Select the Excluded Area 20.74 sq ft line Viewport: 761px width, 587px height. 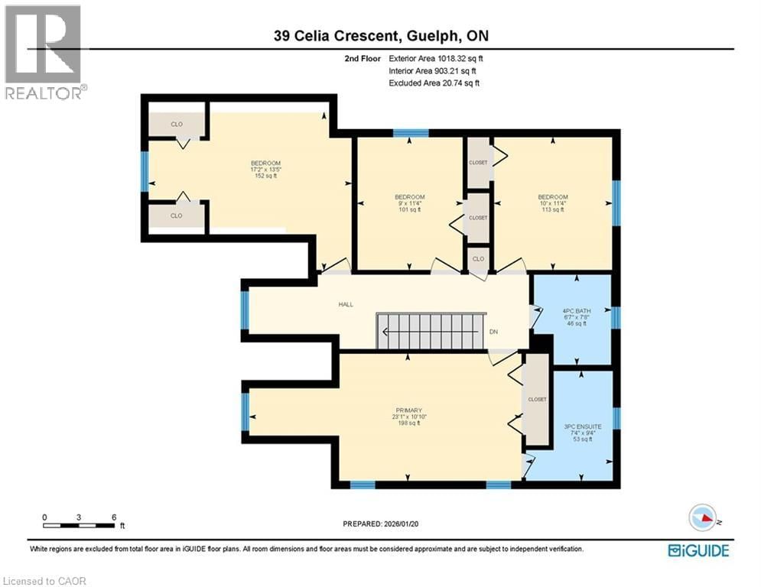pos(434,83)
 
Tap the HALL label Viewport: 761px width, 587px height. pos(346,304)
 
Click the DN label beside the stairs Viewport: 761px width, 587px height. pos(495,332)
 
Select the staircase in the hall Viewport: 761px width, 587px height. pos(432,331)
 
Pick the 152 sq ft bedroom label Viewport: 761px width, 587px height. pos(265,169)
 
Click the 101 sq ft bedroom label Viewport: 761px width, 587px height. pos(409,203)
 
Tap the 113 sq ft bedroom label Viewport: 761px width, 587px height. pos(552,203)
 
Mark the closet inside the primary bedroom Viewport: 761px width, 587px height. pos(537,399)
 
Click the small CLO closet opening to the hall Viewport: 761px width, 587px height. pos(478,258)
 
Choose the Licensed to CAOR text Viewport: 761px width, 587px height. pos(44,581)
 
